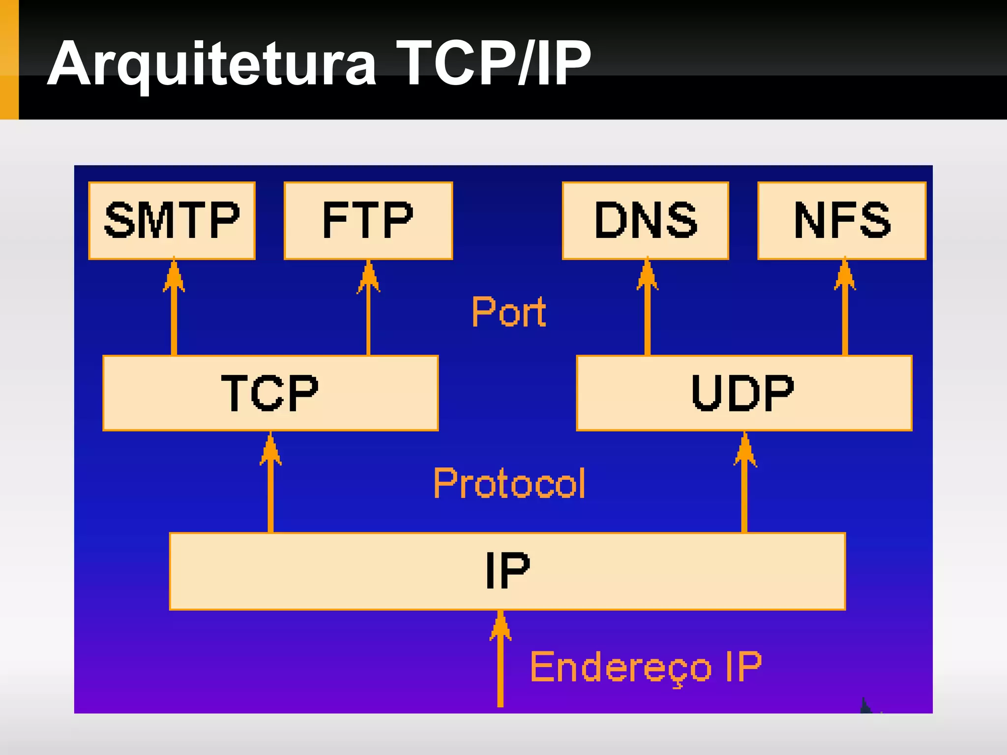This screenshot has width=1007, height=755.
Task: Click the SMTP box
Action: pos(172,221)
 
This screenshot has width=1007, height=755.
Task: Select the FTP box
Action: pos(368,221)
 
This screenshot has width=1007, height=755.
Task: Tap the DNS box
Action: pos(645,221)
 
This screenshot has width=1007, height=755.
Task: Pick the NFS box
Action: pos(842,221)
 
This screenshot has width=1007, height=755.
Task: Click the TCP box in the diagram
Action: pos(270,393)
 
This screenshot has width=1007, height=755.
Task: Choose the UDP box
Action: pos(744,393)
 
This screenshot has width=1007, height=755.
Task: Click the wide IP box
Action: pos(507,571)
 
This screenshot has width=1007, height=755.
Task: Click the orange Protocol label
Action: pos(509,484)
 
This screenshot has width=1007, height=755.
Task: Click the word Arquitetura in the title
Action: pos(211,64)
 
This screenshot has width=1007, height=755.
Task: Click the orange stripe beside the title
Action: pos(9,59)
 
